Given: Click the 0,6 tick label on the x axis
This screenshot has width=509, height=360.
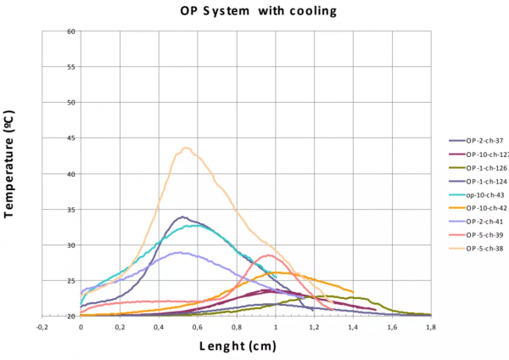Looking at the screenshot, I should (197, 325).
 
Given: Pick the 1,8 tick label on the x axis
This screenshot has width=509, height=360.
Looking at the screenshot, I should (431, 325).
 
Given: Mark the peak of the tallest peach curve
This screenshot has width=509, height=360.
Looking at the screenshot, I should (186, 148).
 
